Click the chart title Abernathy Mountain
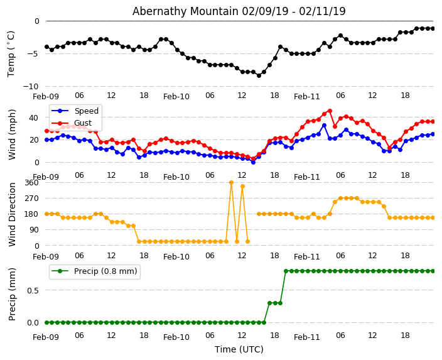239,11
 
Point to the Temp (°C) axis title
11,53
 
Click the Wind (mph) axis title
12,134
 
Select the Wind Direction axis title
12,214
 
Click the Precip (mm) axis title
12,293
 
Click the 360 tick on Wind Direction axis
31,182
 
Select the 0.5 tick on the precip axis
32,290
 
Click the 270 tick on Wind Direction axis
31,198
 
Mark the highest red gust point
330,111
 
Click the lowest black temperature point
259,75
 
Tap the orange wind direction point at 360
231,182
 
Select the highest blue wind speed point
324,125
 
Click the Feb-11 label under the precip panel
307,337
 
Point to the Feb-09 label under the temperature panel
46,97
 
